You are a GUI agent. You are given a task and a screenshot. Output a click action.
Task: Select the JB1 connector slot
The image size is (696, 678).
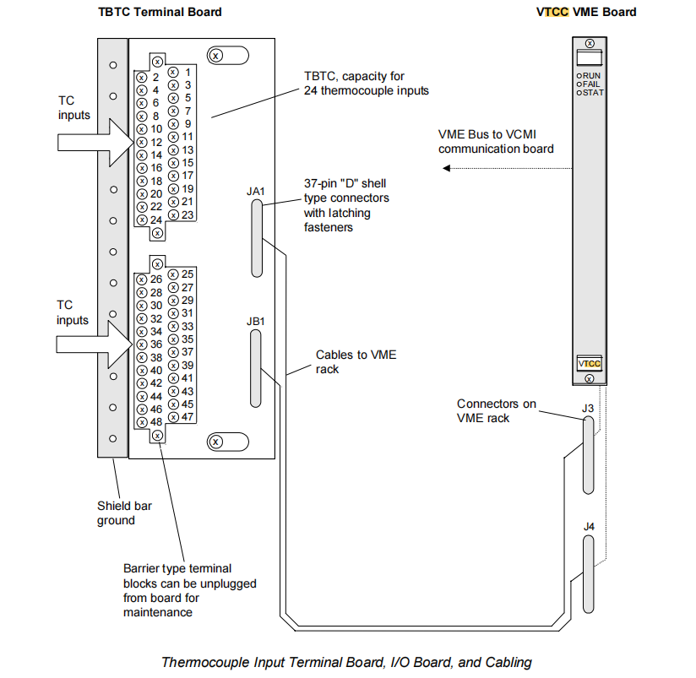pos(256,369)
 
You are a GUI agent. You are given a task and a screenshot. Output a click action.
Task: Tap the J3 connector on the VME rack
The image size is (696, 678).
pos(588,454)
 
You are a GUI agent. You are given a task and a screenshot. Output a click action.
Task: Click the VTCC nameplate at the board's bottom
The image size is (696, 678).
pos(590,363)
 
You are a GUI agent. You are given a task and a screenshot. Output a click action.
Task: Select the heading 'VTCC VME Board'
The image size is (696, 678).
pos(586,12)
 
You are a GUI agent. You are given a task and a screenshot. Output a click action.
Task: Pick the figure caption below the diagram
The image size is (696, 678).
pos(346,662)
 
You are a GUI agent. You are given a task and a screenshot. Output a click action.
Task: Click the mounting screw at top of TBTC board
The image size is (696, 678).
pos(215,56)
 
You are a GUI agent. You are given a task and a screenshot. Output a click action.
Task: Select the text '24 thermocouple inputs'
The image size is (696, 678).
pos(367,90)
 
